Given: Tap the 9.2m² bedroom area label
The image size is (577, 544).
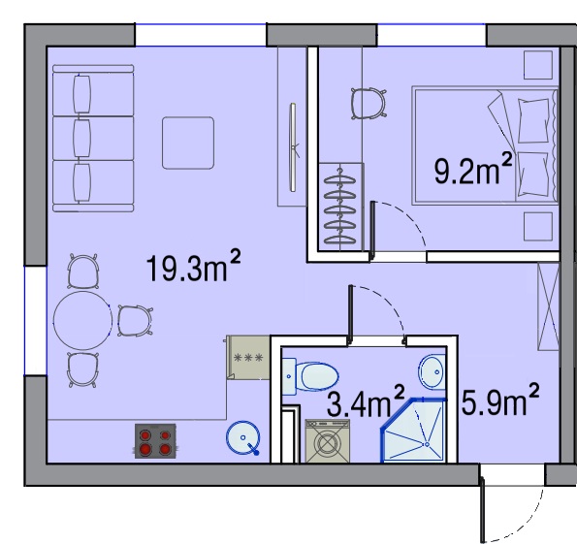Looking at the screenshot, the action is coord(473,169).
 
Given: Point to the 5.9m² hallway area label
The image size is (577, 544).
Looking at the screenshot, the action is coord(500,400).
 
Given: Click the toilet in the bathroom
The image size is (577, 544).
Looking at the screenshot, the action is coord(310,376).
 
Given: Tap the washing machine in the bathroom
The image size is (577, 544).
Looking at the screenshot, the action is coord(328,440).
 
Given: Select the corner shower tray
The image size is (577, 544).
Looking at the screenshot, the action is coord(414,430).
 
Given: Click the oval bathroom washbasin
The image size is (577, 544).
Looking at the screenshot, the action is coord(432,371).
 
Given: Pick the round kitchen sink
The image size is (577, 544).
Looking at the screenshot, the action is coord(242,437).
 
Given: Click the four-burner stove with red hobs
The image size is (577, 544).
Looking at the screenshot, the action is coord(155,441).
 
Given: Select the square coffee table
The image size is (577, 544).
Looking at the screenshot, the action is coord(188,143).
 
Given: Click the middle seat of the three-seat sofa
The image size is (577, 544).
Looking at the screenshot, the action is coord(93,138).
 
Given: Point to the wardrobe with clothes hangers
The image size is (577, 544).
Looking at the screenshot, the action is coord(340,208).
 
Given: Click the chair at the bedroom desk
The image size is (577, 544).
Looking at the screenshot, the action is coord(369,103).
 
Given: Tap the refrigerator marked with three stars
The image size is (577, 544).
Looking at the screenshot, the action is coord(248,357).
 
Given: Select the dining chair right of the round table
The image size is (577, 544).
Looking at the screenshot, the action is coord(135,321).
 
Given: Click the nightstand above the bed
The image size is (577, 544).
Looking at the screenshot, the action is coord(538,65).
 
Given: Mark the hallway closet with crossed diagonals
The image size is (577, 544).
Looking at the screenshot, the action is coord(548,306).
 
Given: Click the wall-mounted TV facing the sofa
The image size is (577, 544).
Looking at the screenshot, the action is coord(293,147).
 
